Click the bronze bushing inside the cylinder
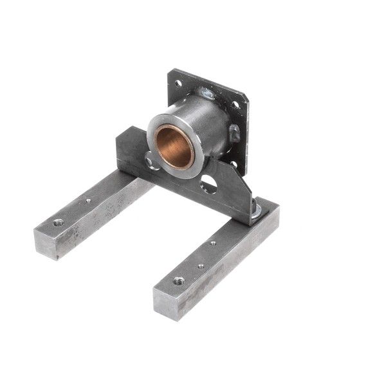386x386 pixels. click(x=174, y=146)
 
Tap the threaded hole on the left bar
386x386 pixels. click(x=59, y=222)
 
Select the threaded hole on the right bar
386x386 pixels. click(x=178, y=280)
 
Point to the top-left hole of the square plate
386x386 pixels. click(x=178, y=83)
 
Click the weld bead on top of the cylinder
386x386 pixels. click(x=207, y=95)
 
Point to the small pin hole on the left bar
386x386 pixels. click(x=88, y=200)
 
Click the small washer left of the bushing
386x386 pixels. click(x=150, y=160)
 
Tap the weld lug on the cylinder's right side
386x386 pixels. click(x=234, y=133)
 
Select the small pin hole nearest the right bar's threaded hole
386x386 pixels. click(x=201, y=265)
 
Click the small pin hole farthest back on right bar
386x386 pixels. click(x=213, y=243)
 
